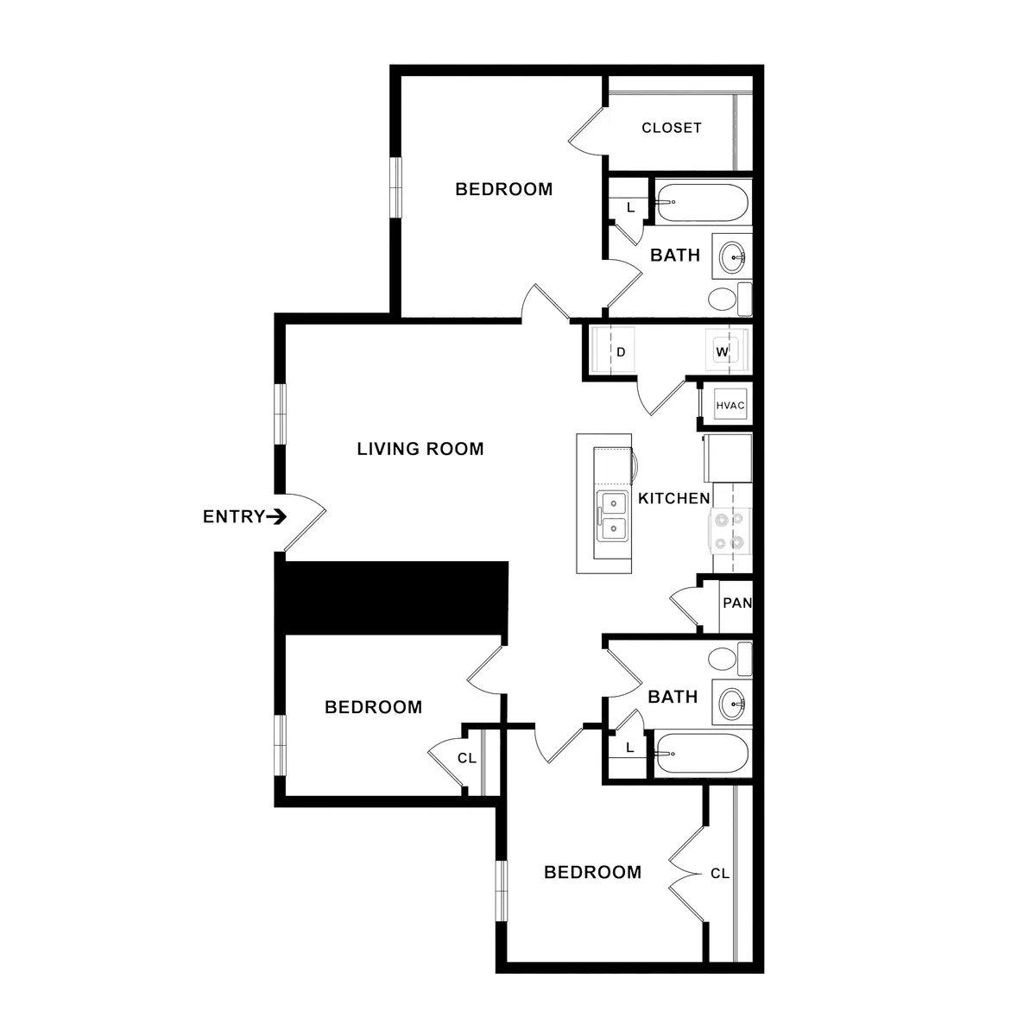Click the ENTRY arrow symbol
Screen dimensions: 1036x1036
276,517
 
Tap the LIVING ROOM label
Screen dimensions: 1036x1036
420,449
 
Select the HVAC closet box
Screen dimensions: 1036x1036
730,405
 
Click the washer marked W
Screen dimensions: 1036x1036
723,351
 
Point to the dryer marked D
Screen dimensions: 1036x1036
620,351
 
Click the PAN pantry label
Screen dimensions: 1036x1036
736,603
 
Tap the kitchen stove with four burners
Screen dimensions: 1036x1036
730,531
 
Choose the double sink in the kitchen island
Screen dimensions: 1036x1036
614,515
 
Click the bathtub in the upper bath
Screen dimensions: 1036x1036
700,204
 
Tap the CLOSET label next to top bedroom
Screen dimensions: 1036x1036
672,128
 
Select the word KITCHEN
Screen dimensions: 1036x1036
674,498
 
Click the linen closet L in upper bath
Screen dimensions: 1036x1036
630,207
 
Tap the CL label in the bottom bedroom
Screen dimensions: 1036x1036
720,874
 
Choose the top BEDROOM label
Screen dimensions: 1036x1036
504,189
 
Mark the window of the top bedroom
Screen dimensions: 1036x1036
395,187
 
